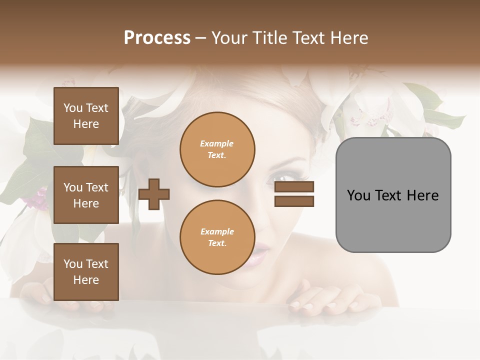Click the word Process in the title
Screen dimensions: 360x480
tap(157, 38)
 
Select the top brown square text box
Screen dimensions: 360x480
tap(86, 116)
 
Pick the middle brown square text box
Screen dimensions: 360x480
tap(86, 195)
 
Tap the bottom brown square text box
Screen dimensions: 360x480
tap(86, 272)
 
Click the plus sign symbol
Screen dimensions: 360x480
tap(153, 194)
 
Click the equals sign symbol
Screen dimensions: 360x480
tap(294, 194)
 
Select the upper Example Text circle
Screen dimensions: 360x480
tap(217, 149)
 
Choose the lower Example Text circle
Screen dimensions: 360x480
tap(217, 237)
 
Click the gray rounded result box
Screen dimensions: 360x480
tap(393, 195)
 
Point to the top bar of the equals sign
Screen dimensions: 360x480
tap(294, 187)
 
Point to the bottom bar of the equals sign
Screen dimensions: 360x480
tap(294, 201)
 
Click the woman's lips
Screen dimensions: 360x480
tap(259, 254)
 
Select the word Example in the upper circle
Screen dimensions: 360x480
tap(217, 143)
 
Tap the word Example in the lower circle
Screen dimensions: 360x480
tap(217, 231)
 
